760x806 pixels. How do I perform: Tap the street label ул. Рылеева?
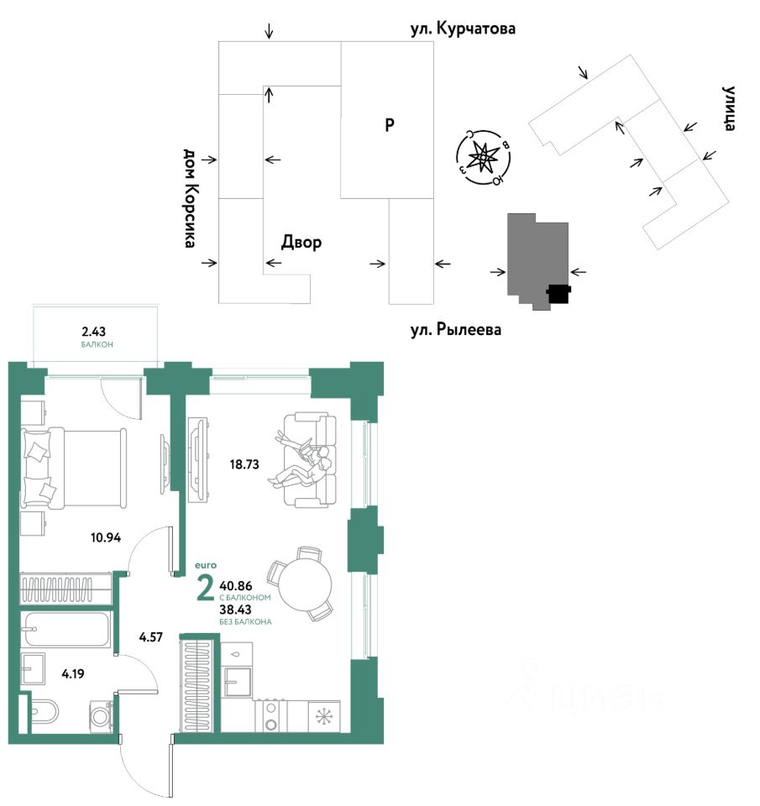(x=455, y=330)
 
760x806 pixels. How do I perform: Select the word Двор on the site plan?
(x=301, y=243)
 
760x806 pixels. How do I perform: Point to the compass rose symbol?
(x=483, y=156)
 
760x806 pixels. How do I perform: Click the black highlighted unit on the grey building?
(x=558, y=293)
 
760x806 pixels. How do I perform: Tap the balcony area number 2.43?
(x=97, y=331)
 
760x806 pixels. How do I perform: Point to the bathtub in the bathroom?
(x=66, y=629)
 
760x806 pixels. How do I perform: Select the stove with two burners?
(x=271, y=716)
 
